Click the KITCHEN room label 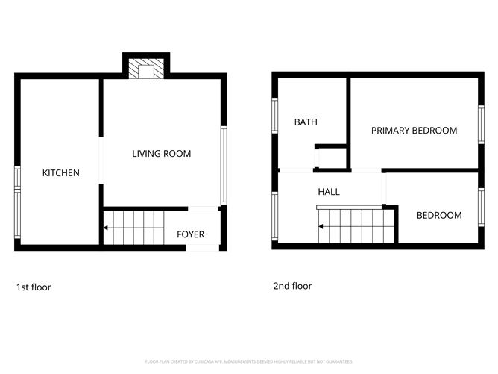point(60,173)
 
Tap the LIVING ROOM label point(161,154)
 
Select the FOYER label point(190,234)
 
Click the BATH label point(306,122)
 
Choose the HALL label point(329,192)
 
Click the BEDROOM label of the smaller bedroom point(438,216)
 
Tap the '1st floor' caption point(34,287)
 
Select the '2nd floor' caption point(292,286)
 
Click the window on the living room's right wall point(222,164)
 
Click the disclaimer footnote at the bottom point(249,361)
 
